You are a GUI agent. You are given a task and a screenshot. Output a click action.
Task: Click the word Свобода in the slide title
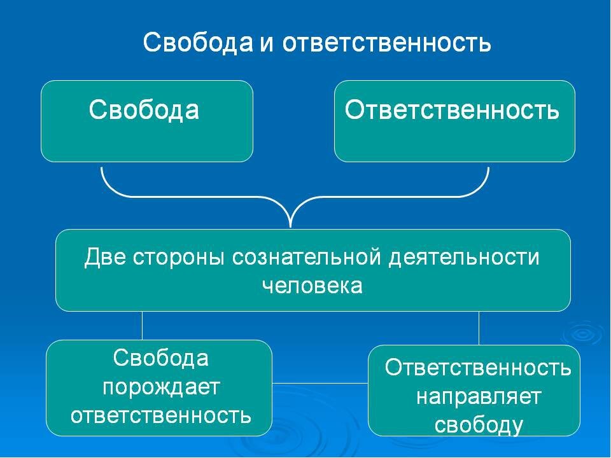point(198,42)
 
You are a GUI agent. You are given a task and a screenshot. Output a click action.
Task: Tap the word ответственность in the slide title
point(386,43)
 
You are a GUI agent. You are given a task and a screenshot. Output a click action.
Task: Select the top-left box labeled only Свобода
point(147,121)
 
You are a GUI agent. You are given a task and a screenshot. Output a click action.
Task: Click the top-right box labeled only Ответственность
point(454,121)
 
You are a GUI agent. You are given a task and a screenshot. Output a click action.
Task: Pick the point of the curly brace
point(290,226)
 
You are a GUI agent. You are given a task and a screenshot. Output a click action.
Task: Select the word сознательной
point(306,258)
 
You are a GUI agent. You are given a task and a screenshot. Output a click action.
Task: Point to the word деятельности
point(464,258)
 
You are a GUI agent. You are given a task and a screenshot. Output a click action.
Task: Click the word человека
point(312,286)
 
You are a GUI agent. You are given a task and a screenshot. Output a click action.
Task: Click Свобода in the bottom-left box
point(161,357)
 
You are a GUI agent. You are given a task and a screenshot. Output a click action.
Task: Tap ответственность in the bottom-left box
point(161,415)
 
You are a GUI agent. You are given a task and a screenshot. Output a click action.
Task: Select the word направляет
point(479,398)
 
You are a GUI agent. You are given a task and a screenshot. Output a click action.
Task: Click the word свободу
point(479,424)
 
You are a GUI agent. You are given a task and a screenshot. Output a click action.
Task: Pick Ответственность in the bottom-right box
point(478,367)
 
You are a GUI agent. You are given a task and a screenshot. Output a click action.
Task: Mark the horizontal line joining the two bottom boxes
point(320,383)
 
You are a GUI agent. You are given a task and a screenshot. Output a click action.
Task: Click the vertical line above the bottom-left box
point(142,326)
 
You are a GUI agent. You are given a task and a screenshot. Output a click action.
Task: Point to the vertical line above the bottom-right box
point(479,328)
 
